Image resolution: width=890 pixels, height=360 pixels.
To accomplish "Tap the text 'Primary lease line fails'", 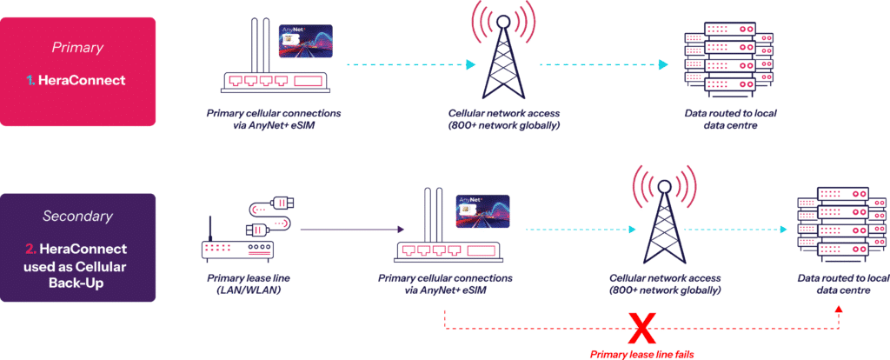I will (641, 354).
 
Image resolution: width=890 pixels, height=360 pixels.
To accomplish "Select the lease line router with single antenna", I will (232, 244).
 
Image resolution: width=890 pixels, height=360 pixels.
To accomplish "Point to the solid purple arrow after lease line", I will (354, 230).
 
